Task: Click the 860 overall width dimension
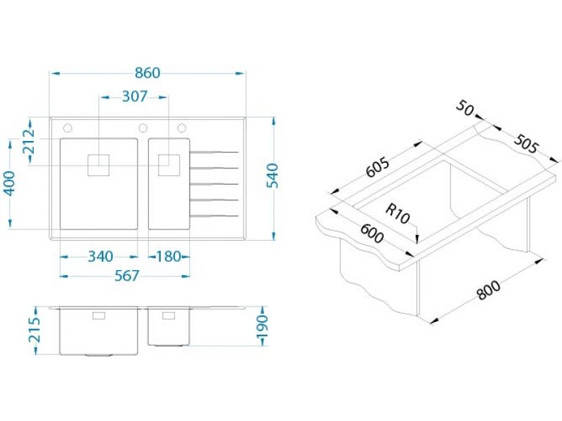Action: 148,73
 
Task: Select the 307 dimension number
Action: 134,96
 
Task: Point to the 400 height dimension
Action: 10,183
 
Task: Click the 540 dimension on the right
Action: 273,176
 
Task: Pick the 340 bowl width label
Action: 100,256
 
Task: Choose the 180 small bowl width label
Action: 169,256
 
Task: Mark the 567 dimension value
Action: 126,276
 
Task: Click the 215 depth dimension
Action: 34,330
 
